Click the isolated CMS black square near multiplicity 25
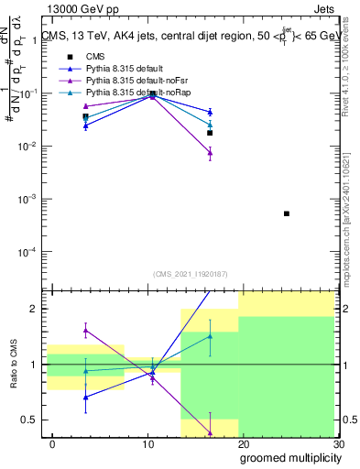point(287,213)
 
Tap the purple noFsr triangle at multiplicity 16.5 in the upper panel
point(210,153)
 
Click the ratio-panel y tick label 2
point(35,310)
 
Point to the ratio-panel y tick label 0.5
point(31,420)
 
